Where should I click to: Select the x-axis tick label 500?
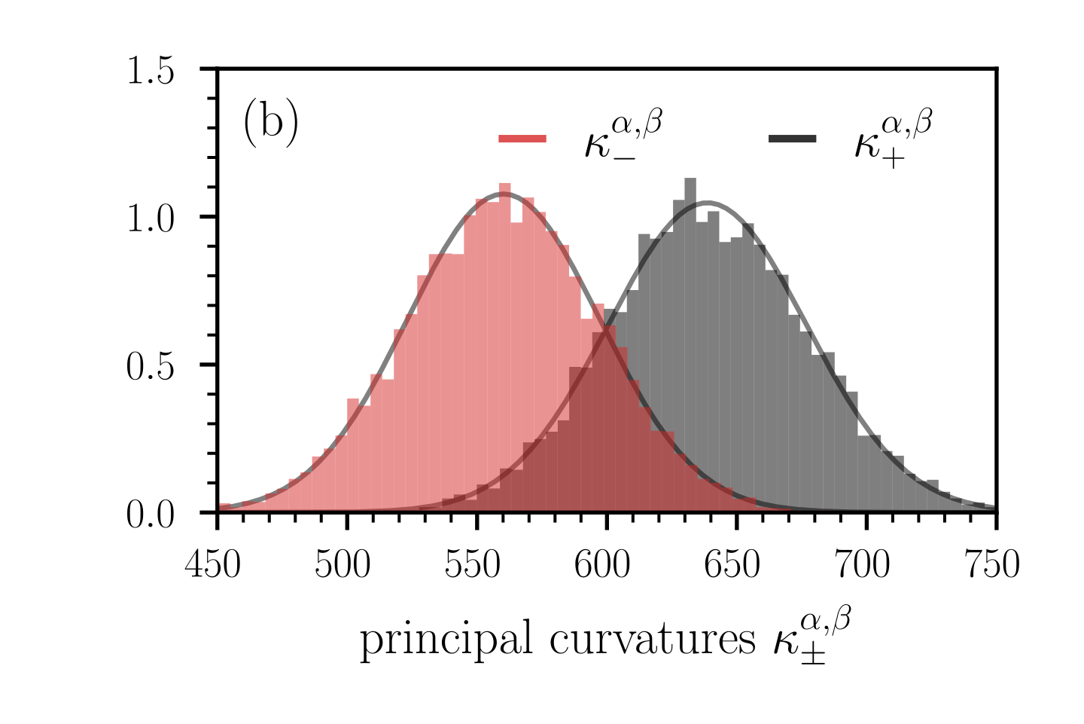coord(343,565)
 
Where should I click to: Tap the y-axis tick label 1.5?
coord(151,72)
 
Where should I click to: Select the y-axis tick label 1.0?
coord(151,219)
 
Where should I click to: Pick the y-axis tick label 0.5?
coord(151,367)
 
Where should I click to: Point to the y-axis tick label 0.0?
coord(151,515)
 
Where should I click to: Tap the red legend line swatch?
coord(522,139)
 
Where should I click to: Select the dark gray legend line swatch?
coord(792,139)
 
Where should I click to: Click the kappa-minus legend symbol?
coord(622,139)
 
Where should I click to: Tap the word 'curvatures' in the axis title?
coord(652,640)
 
